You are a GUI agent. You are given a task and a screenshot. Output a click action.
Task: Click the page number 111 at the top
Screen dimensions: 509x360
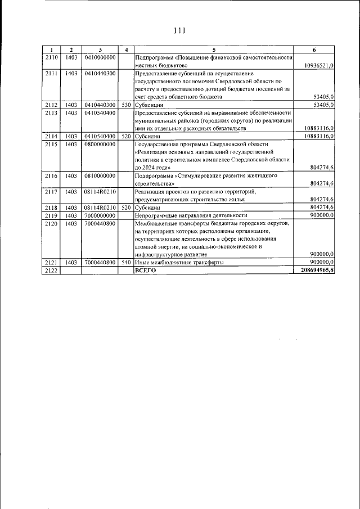pos(180,30)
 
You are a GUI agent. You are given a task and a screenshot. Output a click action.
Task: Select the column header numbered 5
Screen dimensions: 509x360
pos(214,50)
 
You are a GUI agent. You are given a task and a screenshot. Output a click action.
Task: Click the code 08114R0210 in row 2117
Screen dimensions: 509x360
pos(100,191)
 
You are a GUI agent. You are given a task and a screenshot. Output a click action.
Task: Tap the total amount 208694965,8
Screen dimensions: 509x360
pos(314,271)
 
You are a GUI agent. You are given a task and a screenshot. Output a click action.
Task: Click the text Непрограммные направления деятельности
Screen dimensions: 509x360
pos(191,215)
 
